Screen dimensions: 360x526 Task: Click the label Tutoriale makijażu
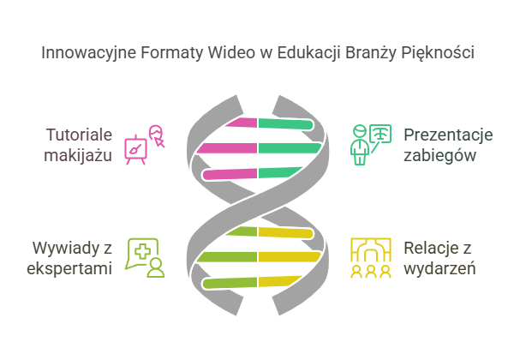(80, 145)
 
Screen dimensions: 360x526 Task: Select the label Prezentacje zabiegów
(448, 145)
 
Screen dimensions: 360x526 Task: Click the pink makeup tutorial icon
(144, 144)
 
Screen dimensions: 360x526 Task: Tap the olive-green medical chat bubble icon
(144, 258)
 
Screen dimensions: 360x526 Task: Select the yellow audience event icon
(371, 258)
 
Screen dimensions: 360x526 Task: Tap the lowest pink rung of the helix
(230, 175)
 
